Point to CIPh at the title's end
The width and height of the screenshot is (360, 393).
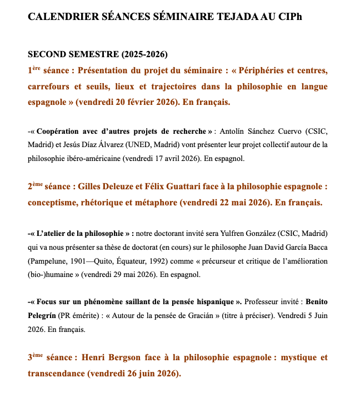tap(290, 17)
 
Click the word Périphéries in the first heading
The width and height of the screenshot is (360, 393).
tap(272, 70)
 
